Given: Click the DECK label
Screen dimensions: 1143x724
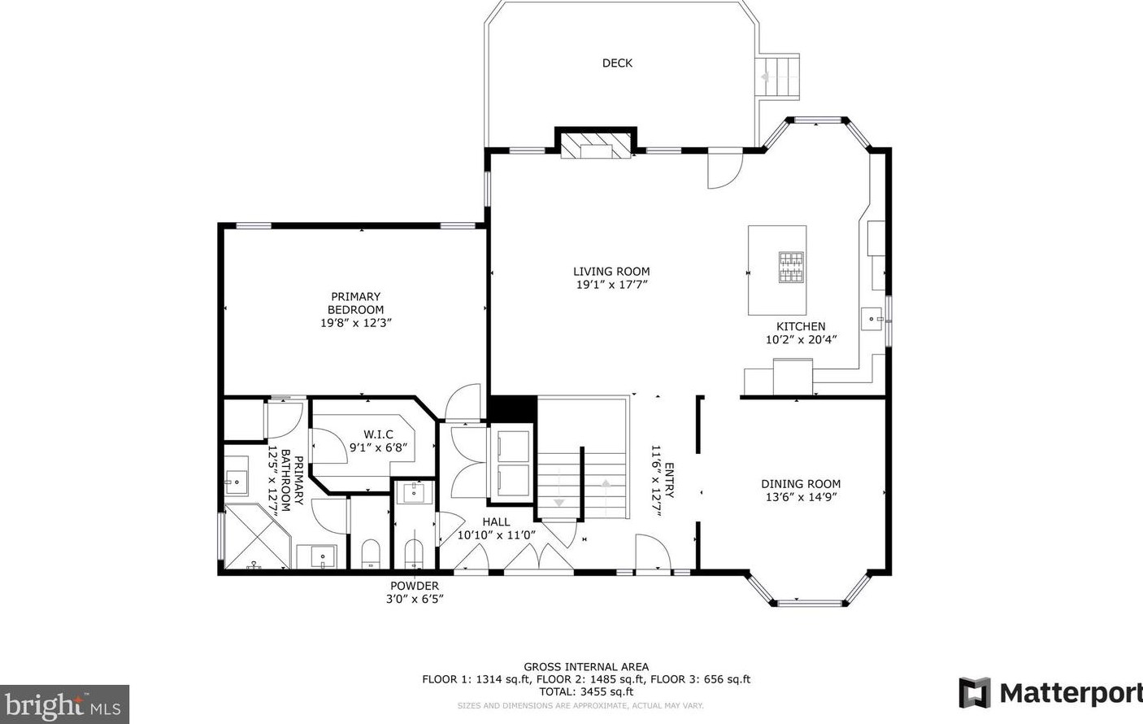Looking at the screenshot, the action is point(617,63).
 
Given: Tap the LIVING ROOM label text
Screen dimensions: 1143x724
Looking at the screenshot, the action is point(611,272).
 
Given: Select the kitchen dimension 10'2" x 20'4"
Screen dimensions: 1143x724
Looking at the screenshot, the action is point(801,339).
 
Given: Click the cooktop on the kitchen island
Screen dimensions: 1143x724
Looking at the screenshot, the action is point(790,267).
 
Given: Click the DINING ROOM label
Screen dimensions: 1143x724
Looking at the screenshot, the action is point(801,483).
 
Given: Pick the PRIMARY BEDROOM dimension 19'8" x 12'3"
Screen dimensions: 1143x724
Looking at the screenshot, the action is point(355,323).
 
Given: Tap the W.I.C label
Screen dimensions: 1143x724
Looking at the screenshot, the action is point(378,434).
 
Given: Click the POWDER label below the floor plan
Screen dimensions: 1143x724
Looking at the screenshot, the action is point(415,586).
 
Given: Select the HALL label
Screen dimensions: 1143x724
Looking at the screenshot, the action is point(496,521).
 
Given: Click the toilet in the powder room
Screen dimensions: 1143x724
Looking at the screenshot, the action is point(414,554).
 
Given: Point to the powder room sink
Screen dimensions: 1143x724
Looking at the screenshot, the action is point(415,493).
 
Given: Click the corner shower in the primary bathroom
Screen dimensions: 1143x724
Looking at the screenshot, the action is point(258,536).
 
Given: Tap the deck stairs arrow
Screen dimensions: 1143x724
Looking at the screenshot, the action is point(764,77).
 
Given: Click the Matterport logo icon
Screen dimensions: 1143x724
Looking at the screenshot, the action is point(975,692).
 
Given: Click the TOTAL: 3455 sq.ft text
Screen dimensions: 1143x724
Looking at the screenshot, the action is point(586,691).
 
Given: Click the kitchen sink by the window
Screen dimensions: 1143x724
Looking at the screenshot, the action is point(872,319).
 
